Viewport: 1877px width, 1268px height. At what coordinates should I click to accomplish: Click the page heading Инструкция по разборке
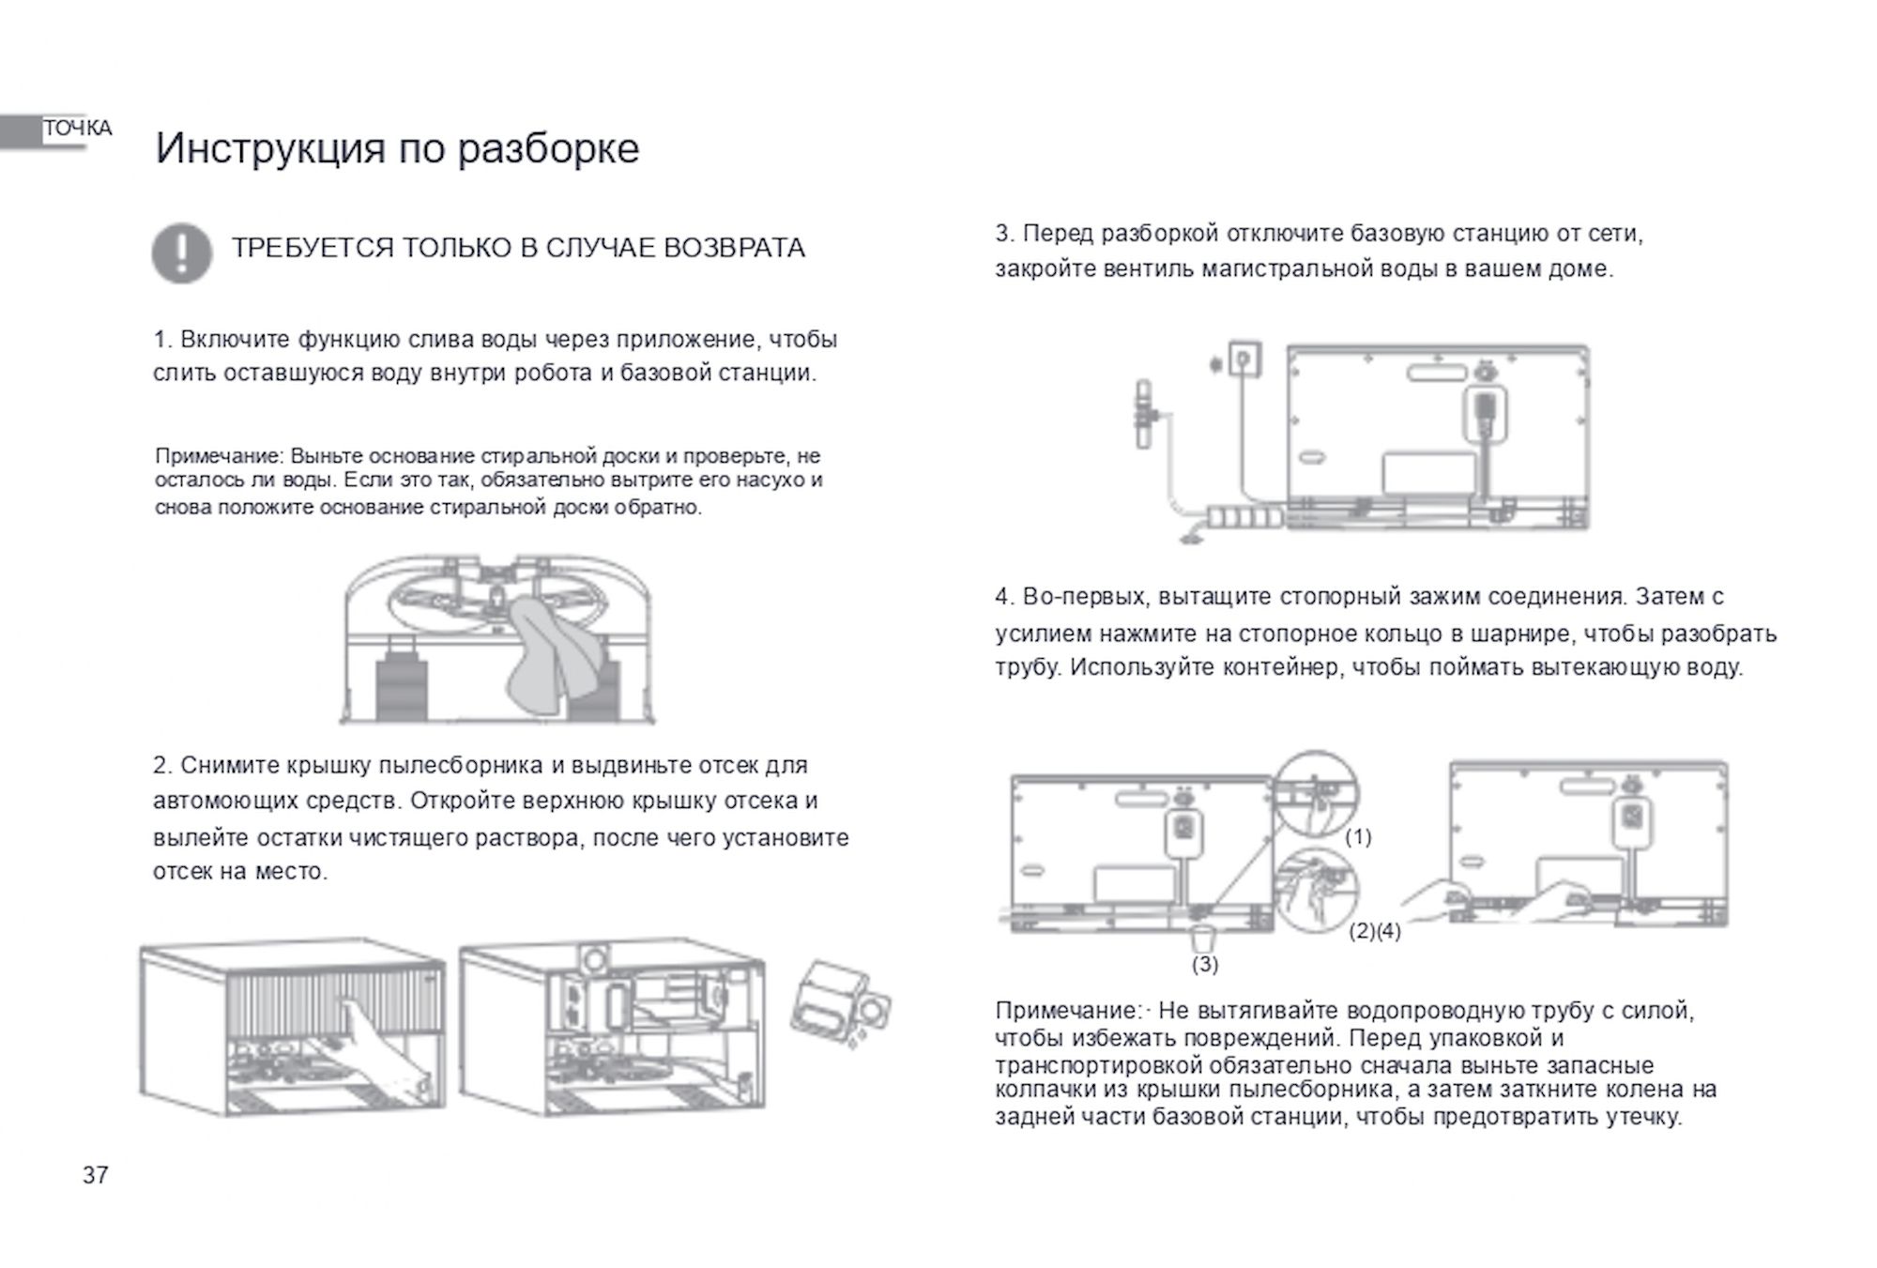[x=397, y=148]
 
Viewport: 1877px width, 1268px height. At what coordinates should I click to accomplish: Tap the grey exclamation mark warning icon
[x=181, y=252]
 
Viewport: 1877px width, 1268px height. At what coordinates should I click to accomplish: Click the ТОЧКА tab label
[x=77, y=129]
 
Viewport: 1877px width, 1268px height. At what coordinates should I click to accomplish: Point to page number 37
[x=96, y=1175]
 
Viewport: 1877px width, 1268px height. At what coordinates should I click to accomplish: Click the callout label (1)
[x=1358, y=836]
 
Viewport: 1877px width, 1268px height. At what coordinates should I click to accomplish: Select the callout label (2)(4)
[x=1375, y=931]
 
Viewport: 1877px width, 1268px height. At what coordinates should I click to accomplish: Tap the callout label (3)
[x=1204, y=964]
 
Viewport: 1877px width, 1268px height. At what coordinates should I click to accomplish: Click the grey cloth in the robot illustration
[x=552, y=648]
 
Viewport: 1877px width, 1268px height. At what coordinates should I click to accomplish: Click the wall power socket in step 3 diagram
[x=1244, y=360]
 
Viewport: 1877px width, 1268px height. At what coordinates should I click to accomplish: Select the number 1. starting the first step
[x=163, y=339]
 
